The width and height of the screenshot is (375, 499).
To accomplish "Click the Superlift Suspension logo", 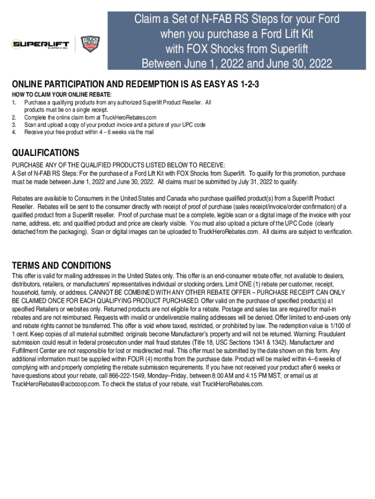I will [x=40, y=45].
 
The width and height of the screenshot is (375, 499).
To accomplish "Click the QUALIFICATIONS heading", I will [x=45, y=153].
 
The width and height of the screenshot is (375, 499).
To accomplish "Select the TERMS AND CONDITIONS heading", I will [x=61, y=266].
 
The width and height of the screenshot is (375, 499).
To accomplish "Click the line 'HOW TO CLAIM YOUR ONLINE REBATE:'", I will [x=61, y=95].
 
